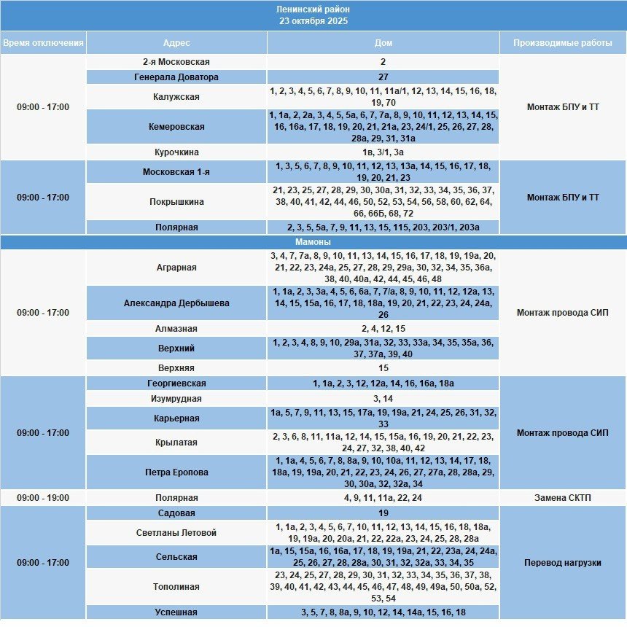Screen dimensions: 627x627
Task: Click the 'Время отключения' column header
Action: [43, 43]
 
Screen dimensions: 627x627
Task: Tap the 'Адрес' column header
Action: [176, 43]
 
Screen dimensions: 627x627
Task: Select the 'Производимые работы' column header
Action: [562, 43]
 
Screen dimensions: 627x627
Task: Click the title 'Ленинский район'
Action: [313, 9]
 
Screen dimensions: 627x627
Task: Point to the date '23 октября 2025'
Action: [313, 21]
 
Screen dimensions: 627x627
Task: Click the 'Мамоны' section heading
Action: [313, 242]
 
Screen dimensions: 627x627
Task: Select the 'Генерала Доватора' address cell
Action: [176, 77]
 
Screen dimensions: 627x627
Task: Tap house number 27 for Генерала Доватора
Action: [383, 77]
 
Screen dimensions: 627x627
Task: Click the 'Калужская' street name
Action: [176, 97]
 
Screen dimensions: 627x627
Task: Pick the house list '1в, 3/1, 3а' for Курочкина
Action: [383, 152]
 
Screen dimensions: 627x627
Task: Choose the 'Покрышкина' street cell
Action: [176, 202]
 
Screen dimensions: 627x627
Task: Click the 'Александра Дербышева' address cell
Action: [176, 303]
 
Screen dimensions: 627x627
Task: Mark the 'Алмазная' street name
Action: [176, 329]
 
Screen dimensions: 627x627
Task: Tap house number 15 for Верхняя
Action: [383, 368]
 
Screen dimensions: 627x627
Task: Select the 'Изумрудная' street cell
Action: [176, 399]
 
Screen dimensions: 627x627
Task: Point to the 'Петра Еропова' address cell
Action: [176, 472]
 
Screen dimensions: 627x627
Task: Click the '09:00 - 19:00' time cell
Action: [43, 498]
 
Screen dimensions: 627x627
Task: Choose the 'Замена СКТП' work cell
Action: [562, 498]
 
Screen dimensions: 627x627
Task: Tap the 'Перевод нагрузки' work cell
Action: [562, 563]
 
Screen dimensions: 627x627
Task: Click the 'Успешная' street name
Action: [176, 612]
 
